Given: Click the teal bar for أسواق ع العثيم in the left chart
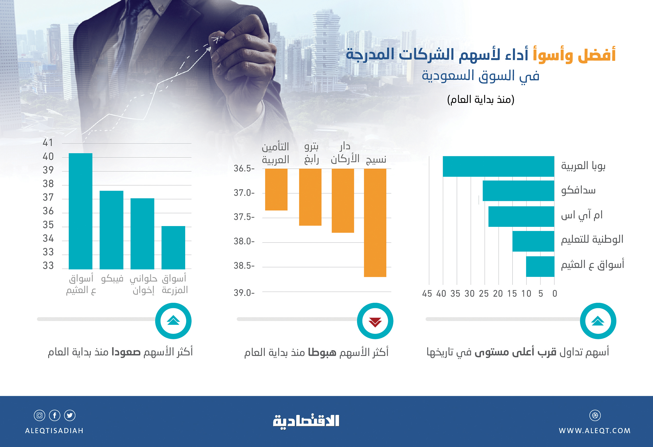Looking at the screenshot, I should [80, 211].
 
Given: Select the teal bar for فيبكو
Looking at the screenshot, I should [111, 230].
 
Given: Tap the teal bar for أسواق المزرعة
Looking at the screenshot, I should [173, 247].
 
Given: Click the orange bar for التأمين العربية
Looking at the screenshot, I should [276, 189].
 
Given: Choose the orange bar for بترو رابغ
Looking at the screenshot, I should [310, 197].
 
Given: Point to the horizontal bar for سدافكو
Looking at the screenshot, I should [518, 191].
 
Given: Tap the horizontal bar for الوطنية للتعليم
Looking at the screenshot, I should [533, 241].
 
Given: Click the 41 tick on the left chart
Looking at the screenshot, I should [48, 143].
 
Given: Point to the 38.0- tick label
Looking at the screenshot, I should [244, 241].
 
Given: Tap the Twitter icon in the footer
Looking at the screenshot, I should [70, 415].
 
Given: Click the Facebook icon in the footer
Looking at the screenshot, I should [55, 415].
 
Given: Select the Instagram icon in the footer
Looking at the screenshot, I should [39, 415].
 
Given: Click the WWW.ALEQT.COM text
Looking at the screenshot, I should [595, 431].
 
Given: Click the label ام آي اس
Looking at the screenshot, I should [582, 215].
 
